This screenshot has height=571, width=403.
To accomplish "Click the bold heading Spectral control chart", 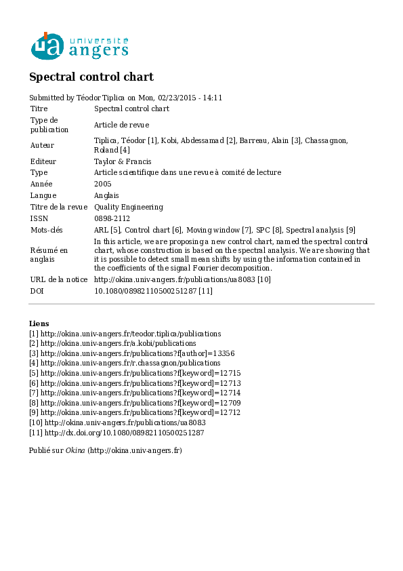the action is click(91, 77).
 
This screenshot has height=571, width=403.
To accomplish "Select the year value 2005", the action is click(102, 184).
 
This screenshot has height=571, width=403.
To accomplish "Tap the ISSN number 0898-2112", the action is click(112, 218).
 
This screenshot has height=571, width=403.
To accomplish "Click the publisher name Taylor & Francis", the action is click(122, 161).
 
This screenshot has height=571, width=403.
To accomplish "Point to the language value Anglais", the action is click(106, 195).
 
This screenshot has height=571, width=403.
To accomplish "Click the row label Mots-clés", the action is click(47, 230).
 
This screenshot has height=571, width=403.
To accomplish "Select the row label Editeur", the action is click(43, 161).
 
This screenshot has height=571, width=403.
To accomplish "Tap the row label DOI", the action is click(37, 291).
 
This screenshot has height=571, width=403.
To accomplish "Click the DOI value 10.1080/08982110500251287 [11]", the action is click(153, 291).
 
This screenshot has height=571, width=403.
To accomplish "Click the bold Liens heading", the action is click(39, 323).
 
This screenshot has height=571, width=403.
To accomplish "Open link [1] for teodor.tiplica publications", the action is click(125, 334).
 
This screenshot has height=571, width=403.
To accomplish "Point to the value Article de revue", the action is click(121, 125).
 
